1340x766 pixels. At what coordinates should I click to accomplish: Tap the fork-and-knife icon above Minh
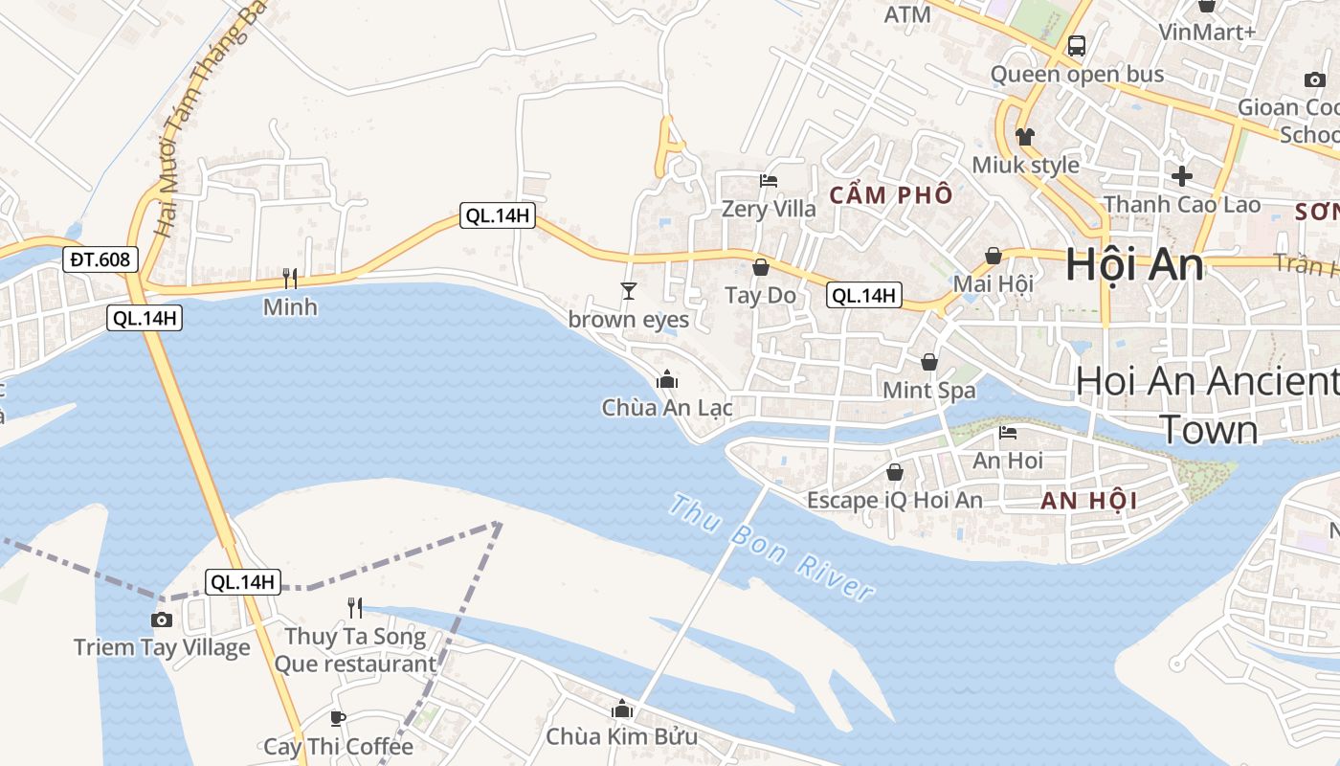pos(290,279)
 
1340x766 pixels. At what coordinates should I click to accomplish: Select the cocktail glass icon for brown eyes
pos(629,290)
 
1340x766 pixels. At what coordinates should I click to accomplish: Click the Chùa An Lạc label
pos(667,408)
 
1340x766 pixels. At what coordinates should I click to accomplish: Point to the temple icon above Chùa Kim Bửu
pos(622,709)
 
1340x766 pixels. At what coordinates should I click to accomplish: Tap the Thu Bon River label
pos(771,547)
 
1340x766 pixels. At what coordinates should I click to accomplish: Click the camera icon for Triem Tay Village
pos(162,620)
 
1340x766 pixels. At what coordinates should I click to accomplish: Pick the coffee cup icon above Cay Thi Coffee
pos(338,717)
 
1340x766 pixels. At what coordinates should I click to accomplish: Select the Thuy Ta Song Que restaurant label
pos(355,650)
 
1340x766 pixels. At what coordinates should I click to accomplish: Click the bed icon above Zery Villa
pos(768,180)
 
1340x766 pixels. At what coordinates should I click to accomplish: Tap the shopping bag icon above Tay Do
pos(761,267)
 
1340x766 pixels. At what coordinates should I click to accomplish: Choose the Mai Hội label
pos(994,283)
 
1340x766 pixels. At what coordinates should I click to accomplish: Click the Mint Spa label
pos(929,390)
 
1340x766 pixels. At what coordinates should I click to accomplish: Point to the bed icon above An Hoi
pos(1008,432)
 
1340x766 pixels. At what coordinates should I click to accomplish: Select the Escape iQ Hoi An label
pos(895,500)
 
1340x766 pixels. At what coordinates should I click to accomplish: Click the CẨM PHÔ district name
pos(891,195)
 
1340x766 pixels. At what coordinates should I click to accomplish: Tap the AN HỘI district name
pos(1088,500)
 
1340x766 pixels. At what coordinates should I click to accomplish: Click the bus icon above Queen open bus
pos(1077,45)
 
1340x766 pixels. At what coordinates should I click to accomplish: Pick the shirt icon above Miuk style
pos(1025,136)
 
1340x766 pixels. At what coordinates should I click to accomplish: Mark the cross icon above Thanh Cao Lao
pos(1182,176)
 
